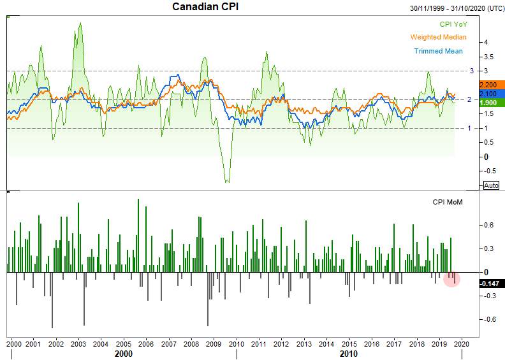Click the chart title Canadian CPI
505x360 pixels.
pos(205,6)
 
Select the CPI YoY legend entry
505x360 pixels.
pos(453,24)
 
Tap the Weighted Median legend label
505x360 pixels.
pos(438,38)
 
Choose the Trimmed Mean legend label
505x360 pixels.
pos(438,51)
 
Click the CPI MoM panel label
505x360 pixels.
pos(448,202)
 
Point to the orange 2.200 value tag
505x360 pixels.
pos(492,85)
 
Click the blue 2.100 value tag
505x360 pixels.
pos(492,94)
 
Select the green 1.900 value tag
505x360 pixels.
pos(492,103)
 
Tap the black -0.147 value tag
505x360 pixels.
pos(492,284)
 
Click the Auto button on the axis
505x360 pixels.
pos(491,185)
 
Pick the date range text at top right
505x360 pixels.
pos(457,8)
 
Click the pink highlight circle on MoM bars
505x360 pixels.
pos(452,279)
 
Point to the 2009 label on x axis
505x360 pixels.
pos(214,344)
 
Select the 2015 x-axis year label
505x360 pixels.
pos(349,344)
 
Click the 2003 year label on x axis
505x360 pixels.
pos(78,344)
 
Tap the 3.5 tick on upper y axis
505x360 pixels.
pos(488,57)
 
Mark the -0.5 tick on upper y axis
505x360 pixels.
pos(489,171)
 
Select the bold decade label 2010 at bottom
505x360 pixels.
pos(349,354)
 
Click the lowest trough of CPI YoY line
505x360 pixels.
pos(228,182)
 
